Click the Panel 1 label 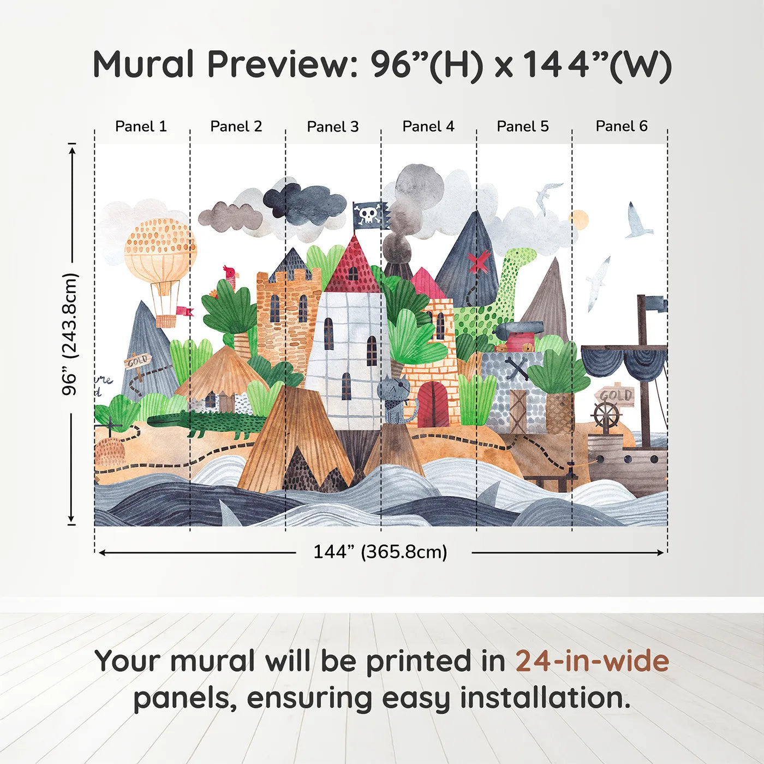point(141,127)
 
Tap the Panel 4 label point(428,127)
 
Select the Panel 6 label point(621,127)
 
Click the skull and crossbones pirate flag point(370,215)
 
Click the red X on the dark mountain point(478,262)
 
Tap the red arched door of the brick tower point(433,404)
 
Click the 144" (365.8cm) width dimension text point(380,552)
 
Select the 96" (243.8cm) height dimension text point(70,334)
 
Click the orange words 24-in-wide point(592,661)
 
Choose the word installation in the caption point(545,699)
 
